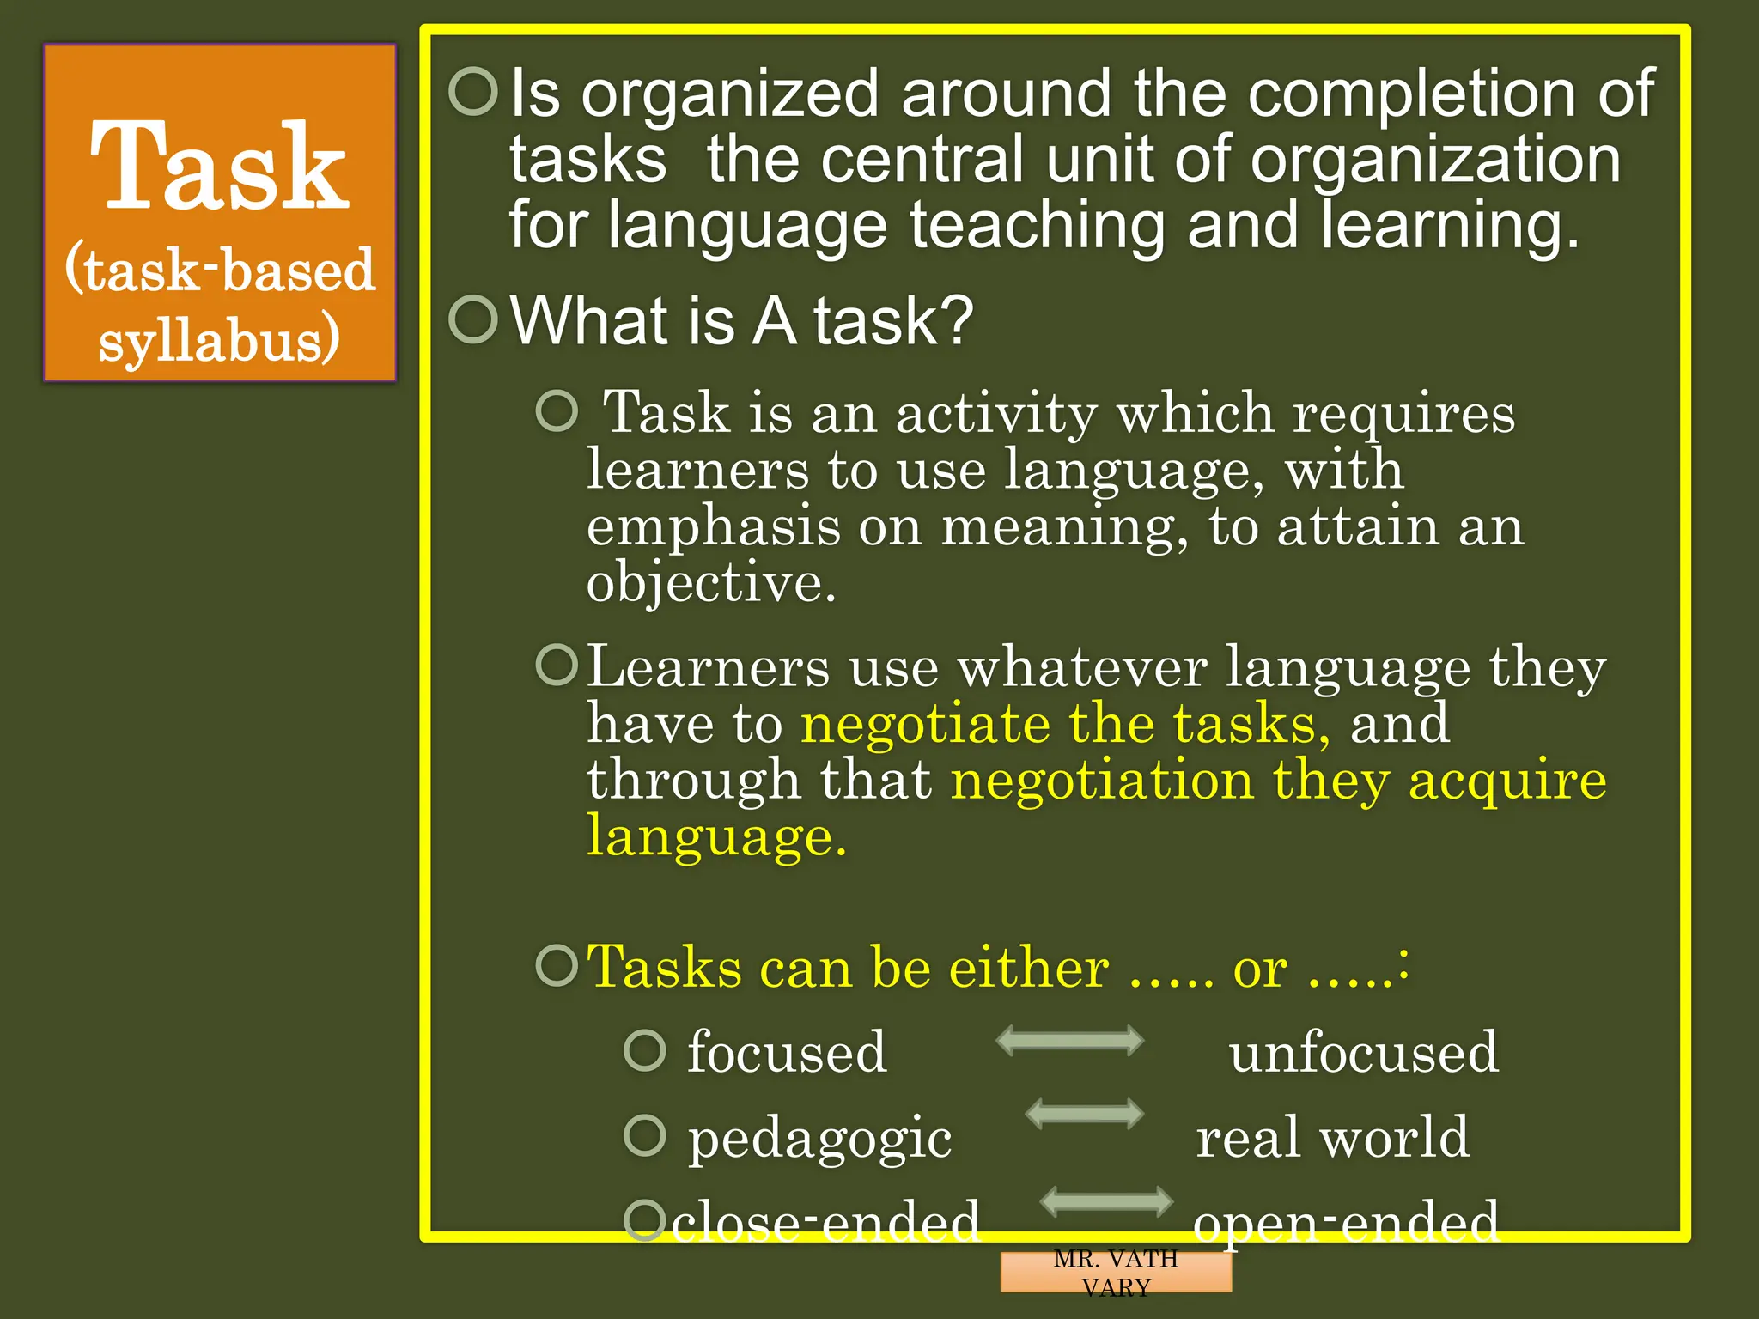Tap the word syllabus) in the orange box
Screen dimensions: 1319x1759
[x=219, y=341]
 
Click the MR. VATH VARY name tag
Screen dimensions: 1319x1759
[x=1116, y=1273]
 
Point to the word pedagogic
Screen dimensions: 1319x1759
[x=820, y=1138]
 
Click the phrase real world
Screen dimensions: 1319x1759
[x=1333, y=1137]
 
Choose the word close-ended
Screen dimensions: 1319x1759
[x=825, y=1220]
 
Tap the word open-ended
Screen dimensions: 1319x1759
[x=1346, y=1221]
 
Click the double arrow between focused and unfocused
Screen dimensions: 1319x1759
[x=1069, y=1041]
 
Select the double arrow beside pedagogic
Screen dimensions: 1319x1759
[x=1085, y=1114]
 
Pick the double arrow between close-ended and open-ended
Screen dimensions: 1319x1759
[x=1106, y=1200]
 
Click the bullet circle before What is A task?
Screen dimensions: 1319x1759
[x=473, y=319]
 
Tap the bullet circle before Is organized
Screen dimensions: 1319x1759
[x=473, y=92]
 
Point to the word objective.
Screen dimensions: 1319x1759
[x=710, y=583]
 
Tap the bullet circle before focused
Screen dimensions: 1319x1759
[x=644, y=1050]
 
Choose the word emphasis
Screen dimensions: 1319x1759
[x=713, y=526]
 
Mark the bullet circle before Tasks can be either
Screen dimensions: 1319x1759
[x=557, y=966]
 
